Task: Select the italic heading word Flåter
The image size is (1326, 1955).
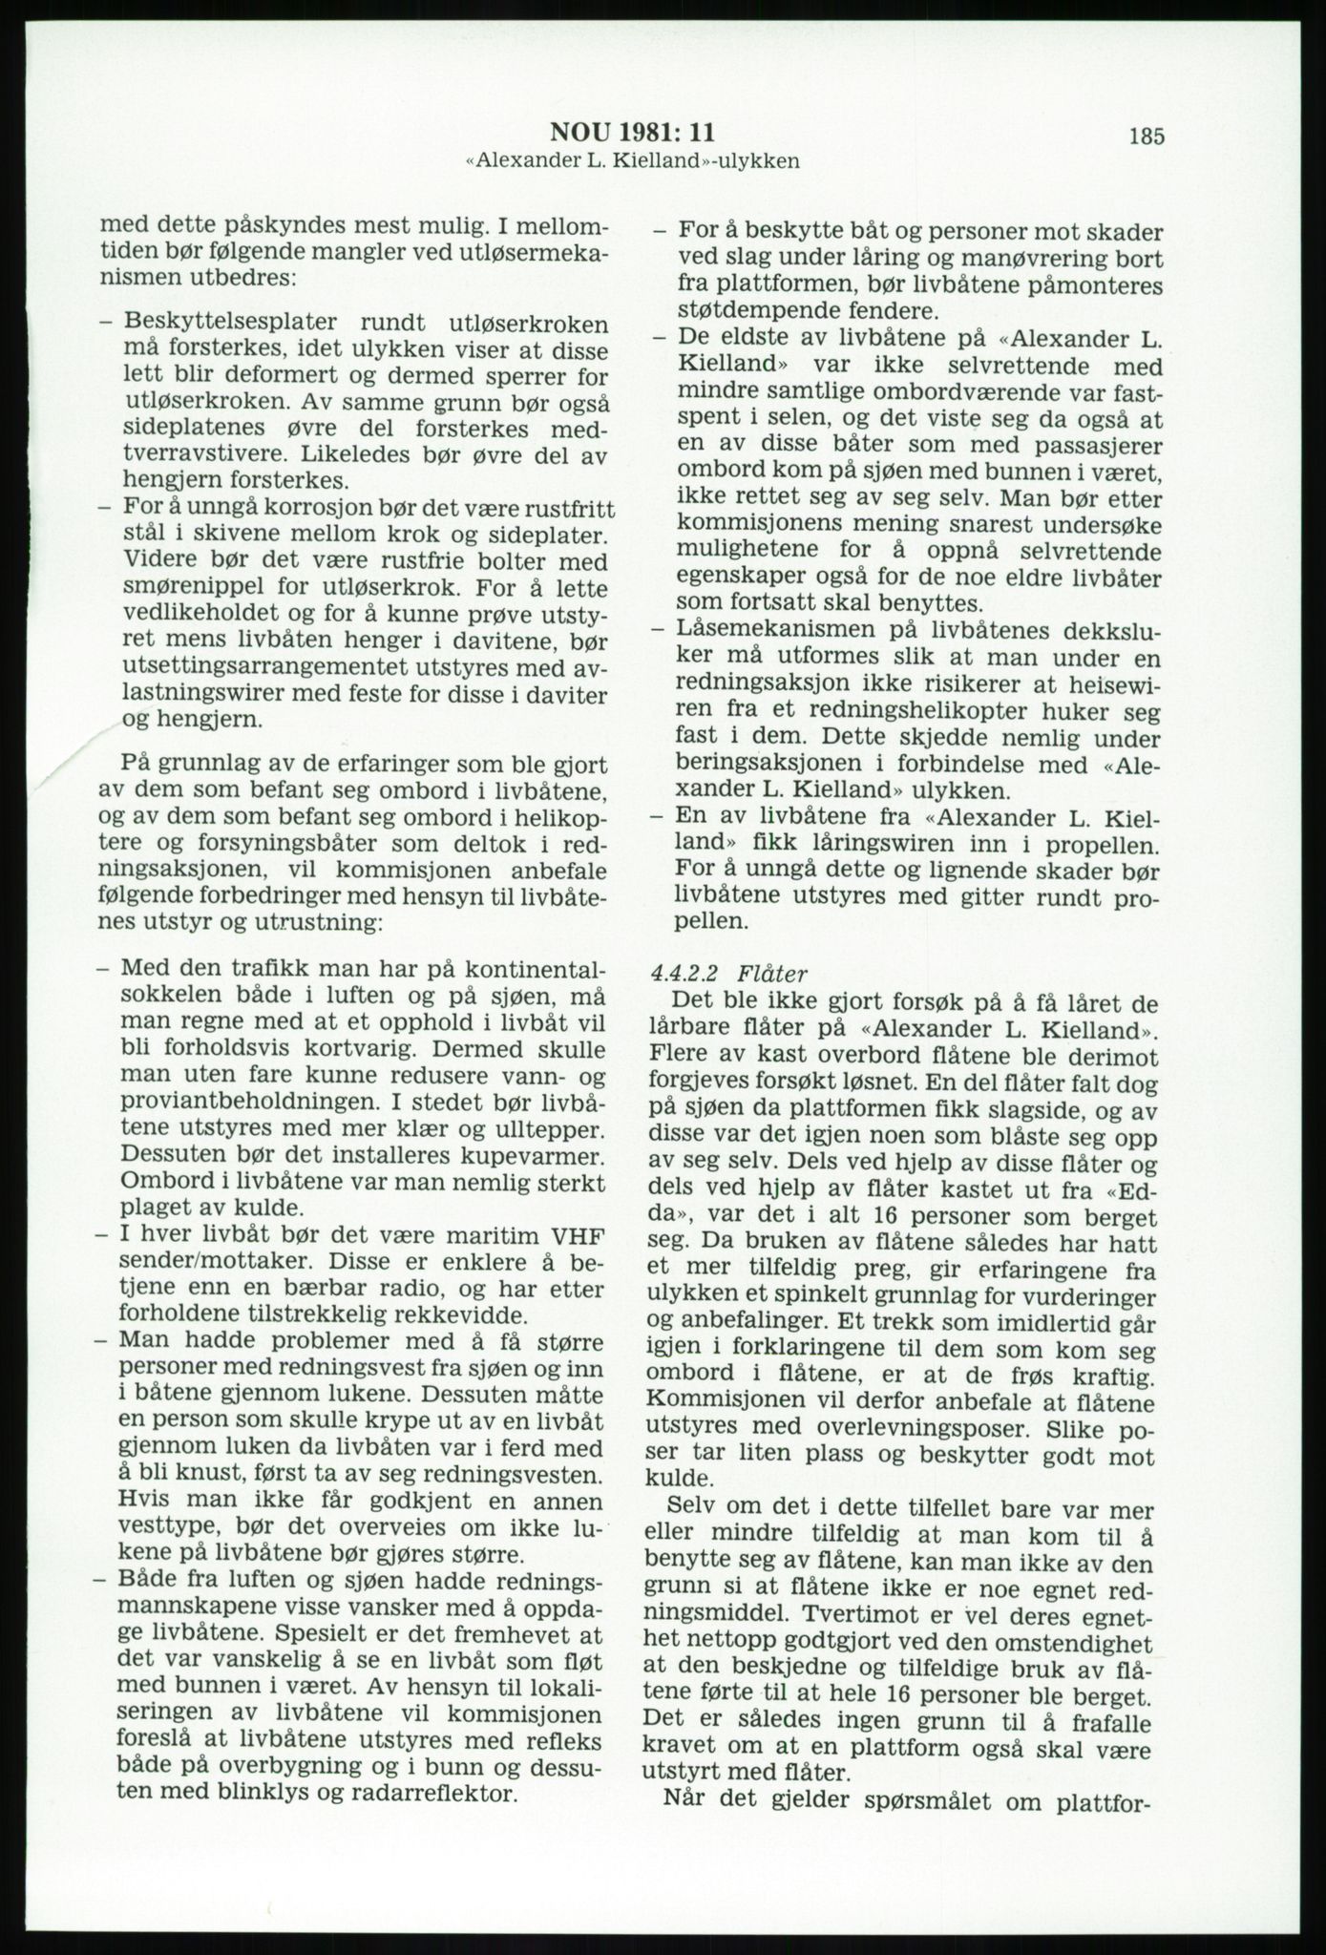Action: point(772,975)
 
